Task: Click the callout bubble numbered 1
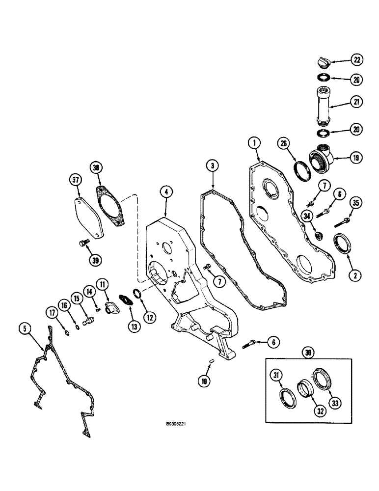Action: point(253,144)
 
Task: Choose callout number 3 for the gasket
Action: point(212,166)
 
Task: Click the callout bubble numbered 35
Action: point(355,202)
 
